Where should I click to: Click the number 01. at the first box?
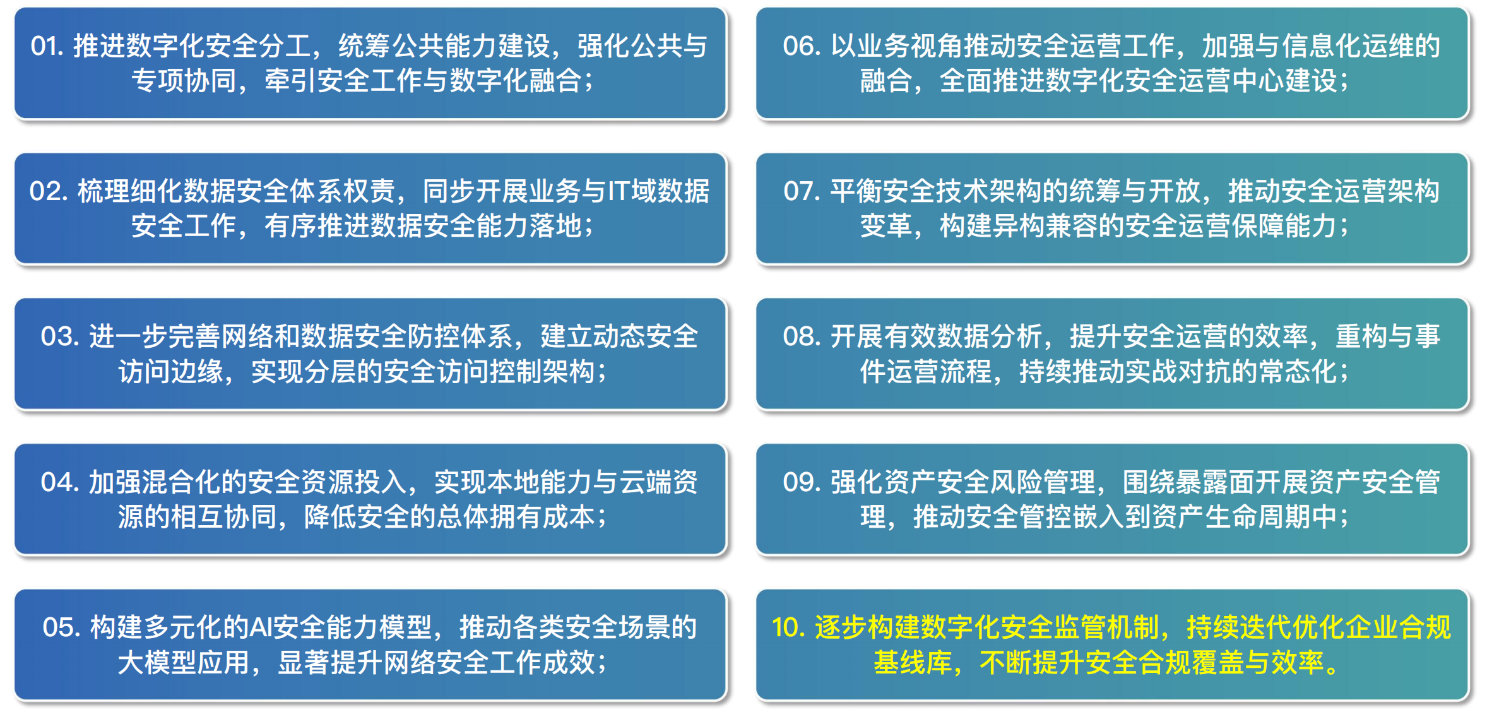point(47,46)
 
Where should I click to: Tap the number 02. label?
point(49,191)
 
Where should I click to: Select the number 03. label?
point(60,336)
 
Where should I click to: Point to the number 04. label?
point(60,482)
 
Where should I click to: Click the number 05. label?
point(62,627)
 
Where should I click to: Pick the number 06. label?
point(802,46)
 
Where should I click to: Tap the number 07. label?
point(802,191)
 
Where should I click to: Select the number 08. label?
point(802,336)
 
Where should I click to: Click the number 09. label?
point(802,482)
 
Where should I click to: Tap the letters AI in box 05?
point(261,627)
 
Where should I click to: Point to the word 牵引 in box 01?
point(290,81)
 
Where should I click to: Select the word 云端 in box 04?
point(644,482)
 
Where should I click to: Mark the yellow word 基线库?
point(913,663)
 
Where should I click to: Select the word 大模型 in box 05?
point(157,663)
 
